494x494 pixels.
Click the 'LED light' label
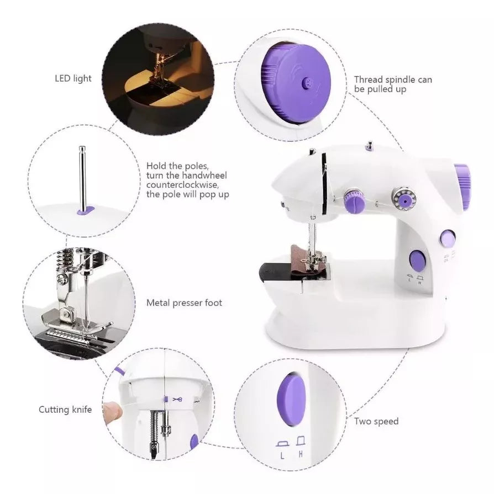(73, 78)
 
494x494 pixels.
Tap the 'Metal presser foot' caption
(184, 303)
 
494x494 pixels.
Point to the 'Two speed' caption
(376, 422)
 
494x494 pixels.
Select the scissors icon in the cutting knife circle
(176, 399)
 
